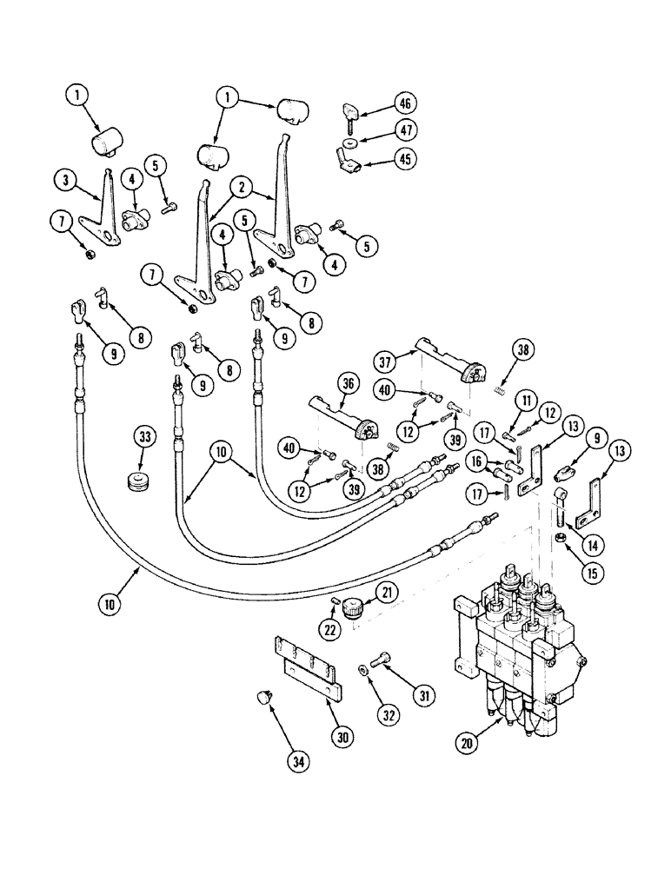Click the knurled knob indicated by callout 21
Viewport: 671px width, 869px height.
tap(353, 608)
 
